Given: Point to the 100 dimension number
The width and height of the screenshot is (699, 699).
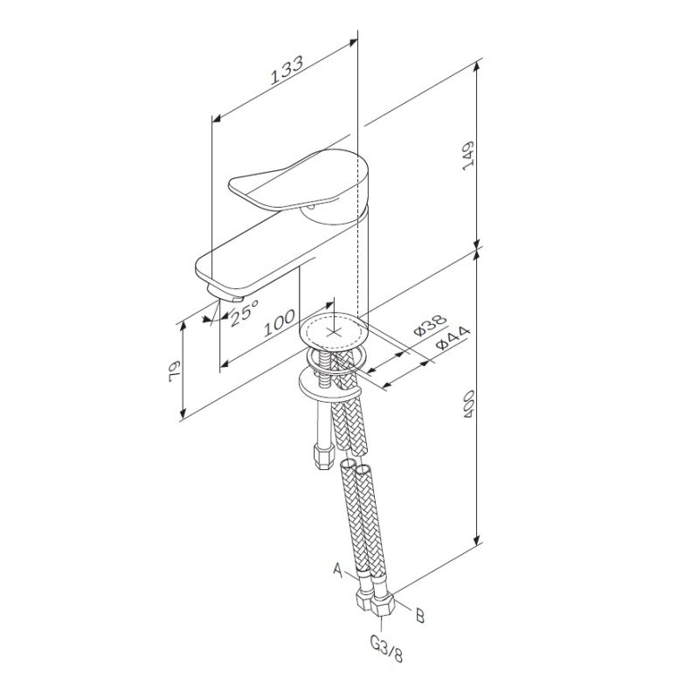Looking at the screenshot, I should [279, 322].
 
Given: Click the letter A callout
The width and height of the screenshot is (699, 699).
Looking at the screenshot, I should [337, 569].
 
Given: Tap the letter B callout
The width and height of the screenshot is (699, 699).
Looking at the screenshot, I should [419, 618].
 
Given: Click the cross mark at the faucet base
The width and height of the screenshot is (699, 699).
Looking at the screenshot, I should [334, 331].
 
